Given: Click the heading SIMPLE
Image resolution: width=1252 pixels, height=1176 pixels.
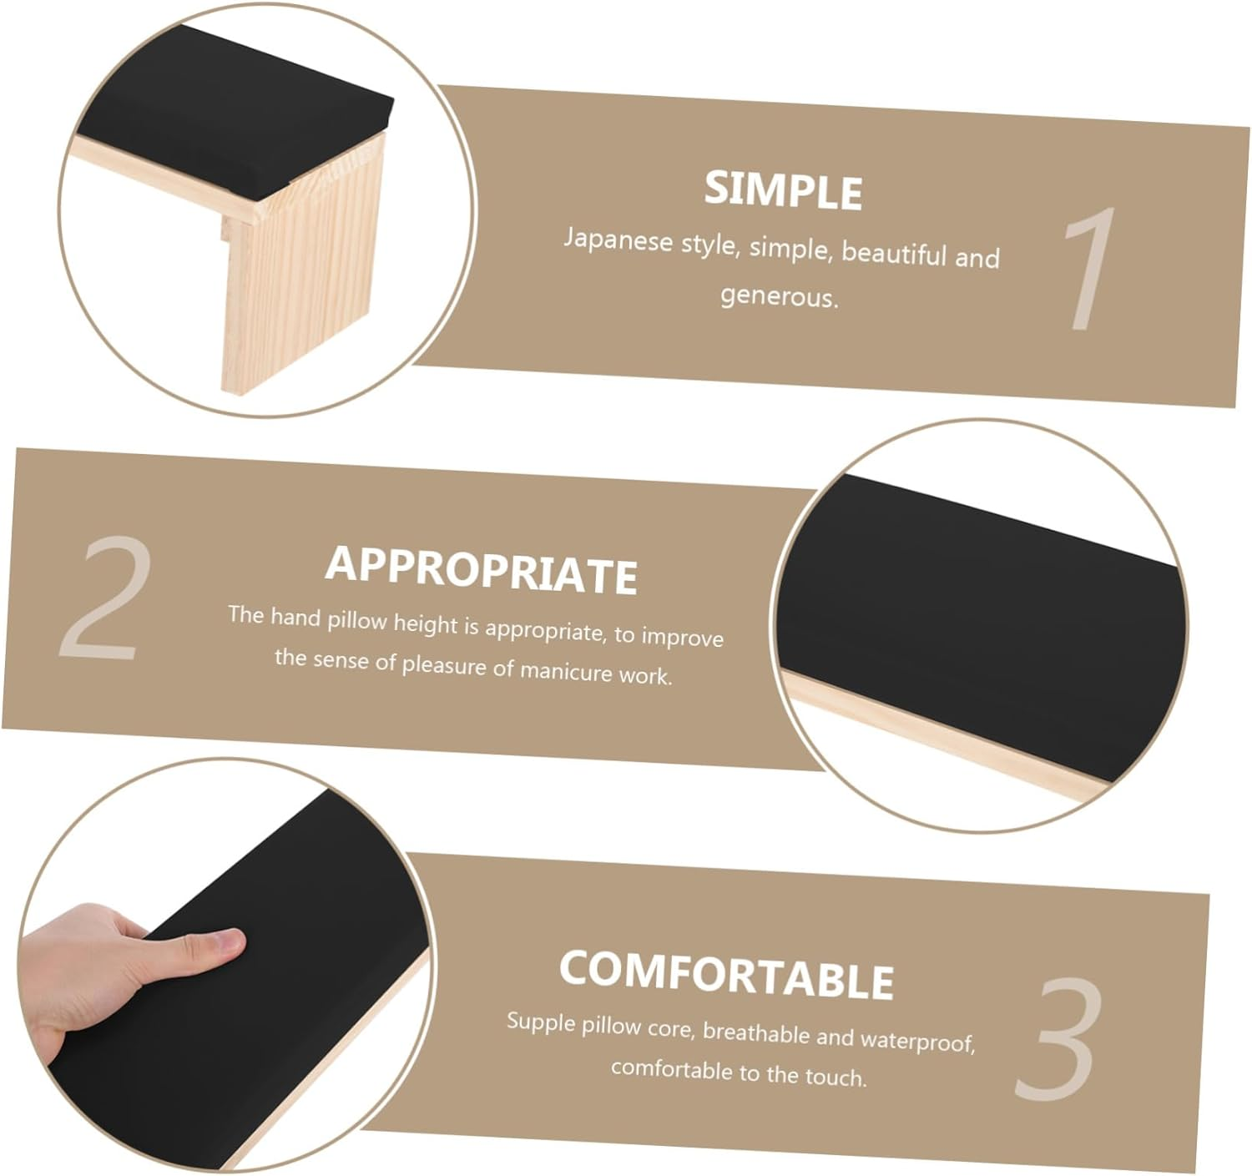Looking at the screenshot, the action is (x=783, y=189).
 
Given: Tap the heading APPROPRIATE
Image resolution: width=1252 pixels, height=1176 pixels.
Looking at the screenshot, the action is (x=481, y=570).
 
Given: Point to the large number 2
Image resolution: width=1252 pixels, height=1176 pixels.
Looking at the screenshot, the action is (x=105, y=598).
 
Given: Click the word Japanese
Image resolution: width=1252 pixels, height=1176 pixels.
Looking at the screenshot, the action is (x=618, y=240).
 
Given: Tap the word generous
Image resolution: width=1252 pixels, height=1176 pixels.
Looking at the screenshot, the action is (x=780, y=296).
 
